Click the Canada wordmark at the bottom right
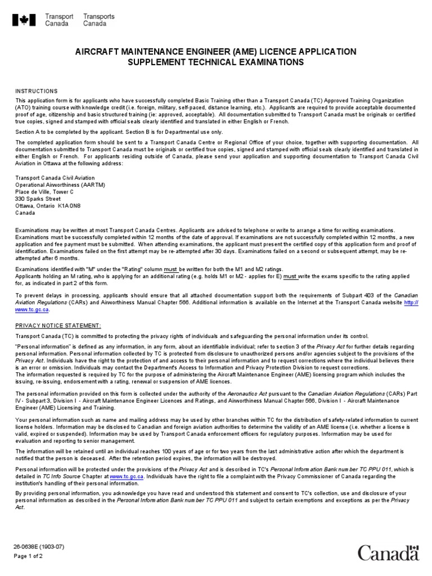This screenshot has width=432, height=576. [388, 552]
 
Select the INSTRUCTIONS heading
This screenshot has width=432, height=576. [36, 91]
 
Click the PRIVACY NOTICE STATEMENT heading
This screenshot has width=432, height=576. [58, 326]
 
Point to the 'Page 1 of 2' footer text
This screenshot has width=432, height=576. [29, 556]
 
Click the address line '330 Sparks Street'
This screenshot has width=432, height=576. [38, 199]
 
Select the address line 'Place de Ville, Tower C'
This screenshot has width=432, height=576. [44, 192]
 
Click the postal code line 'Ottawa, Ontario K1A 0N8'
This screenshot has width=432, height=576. [48, 206]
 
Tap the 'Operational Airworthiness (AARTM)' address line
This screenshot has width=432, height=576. [60, 184]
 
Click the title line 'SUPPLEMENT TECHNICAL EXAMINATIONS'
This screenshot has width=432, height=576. [216, 62]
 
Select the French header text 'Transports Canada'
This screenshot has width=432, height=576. [98, 21]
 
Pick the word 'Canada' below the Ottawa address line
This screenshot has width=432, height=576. [25, 213]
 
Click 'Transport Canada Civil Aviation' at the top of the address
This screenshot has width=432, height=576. [55, 178]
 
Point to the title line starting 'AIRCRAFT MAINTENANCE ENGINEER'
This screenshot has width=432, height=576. [216, 52]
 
